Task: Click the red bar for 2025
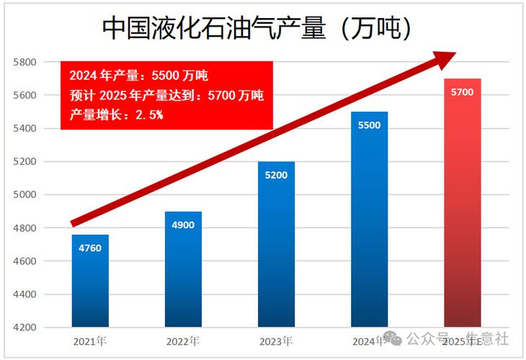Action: pos(462,216)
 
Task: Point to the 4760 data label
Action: pos(90,248)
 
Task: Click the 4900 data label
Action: pos(183,225)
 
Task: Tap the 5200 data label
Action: pos(276,175)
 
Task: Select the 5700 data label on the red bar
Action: pos(462,92)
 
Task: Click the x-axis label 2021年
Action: pos(90,341)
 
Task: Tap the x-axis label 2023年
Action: pos(276,341)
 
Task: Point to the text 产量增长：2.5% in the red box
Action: pos(116,115)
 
